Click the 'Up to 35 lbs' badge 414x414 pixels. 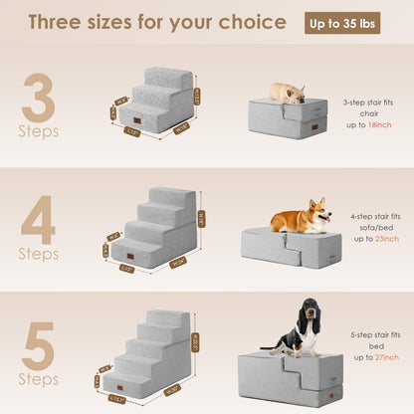341,23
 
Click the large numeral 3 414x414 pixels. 39,96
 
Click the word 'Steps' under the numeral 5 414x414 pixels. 39,378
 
